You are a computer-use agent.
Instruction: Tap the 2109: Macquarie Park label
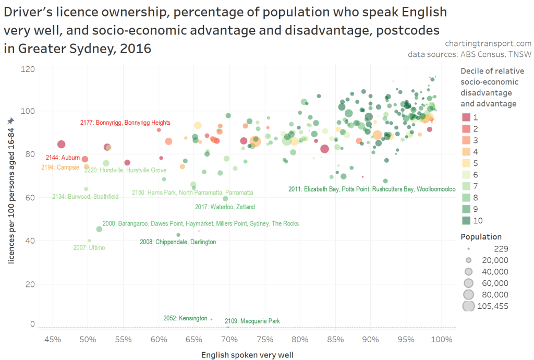tap(252, 321)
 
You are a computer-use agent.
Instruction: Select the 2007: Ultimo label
tap(89, 248)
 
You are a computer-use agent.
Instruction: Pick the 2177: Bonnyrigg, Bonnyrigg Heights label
tap(125, 123)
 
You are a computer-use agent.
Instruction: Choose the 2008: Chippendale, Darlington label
tap(178, 242)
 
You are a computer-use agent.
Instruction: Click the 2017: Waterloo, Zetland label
tap(225, 207)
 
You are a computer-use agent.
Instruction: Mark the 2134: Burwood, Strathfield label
tap(85, 197)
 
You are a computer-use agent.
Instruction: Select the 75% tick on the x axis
tap(264, 340)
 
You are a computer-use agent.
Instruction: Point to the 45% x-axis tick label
tap(53, 340)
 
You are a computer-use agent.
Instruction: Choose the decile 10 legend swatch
tap(467, 221)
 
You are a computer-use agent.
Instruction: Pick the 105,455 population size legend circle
tap(468, 306)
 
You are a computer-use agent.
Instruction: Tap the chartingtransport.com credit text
tap(489, 43)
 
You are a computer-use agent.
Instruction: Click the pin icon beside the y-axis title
tap(10, 121)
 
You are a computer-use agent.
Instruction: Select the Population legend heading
tap(481, 237)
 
